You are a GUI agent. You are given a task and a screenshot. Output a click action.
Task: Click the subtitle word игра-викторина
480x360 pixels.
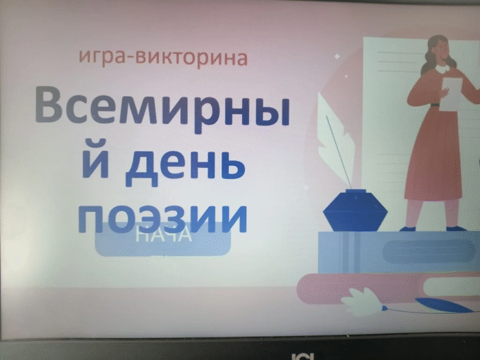click(163, 57)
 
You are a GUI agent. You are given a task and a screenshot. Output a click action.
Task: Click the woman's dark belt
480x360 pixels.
click(434, 105)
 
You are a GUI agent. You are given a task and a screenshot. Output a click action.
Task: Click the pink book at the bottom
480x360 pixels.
click(384, 287)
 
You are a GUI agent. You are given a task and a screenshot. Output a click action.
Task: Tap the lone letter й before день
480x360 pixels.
click(95, 163)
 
